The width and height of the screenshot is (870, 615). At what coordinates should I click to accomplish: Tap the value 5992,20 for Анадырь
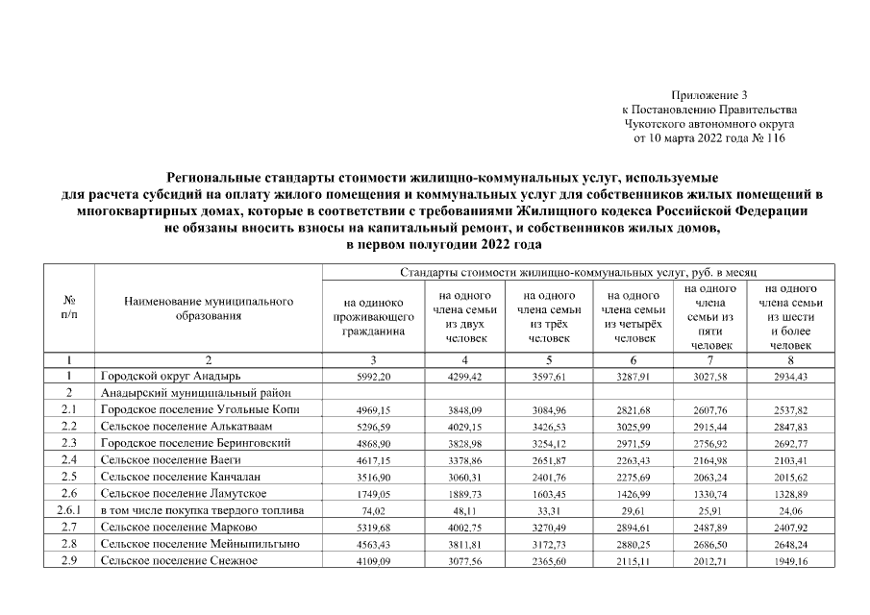(373, 376)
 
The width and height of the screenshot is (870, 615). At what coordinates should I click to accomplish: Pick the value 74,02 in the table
(373, 509)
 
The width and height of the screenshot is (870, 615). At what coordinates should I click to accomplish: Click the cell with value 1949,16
(791, 560)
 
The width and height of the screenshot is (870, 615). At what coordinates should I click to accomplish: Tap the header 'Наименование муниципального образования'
(209, 308)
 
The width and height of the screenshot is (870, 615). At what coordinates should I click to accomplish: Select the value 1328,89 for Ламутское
(791, 493)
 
